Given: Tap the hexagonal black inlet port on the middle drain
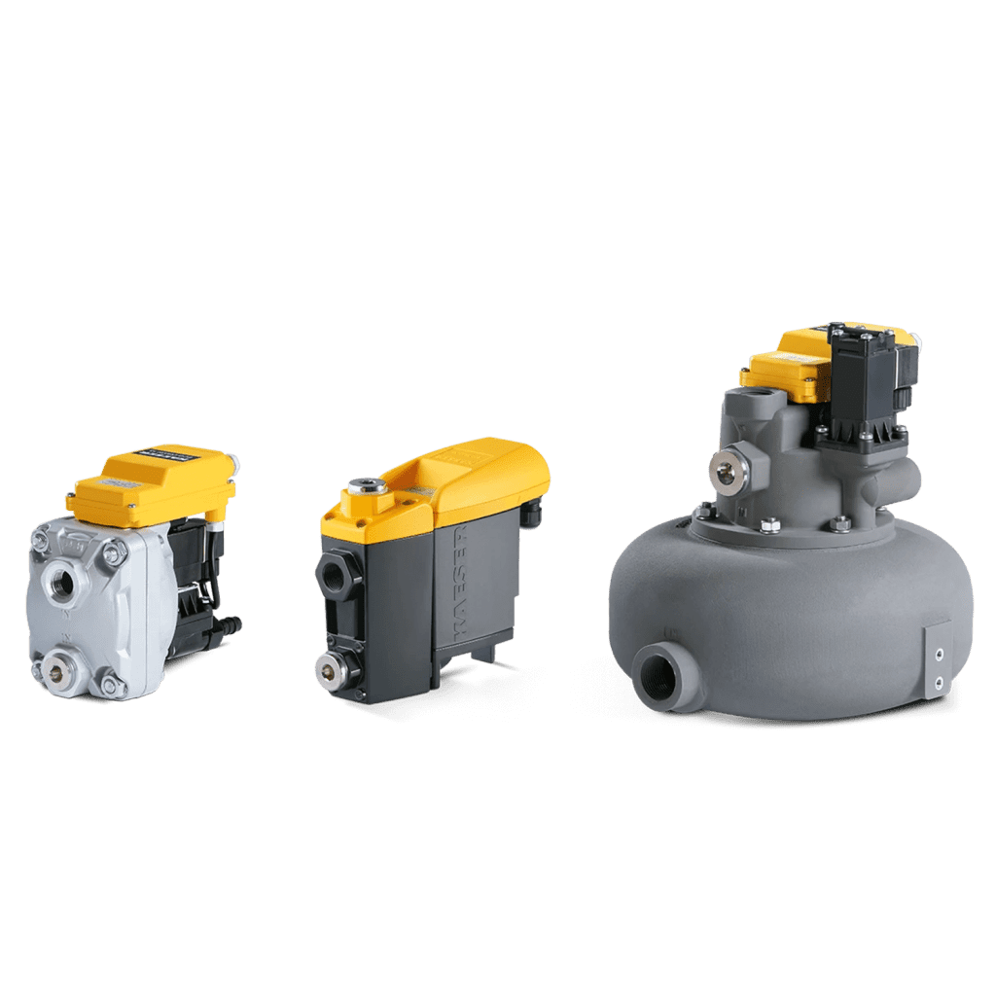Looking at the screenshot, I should [x=333, y=574].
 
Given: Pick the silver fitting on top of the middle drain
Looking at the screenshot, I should [x=366, y=484].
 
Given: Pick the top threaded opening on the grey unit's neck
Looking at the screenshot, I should [x=755, y=399].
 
